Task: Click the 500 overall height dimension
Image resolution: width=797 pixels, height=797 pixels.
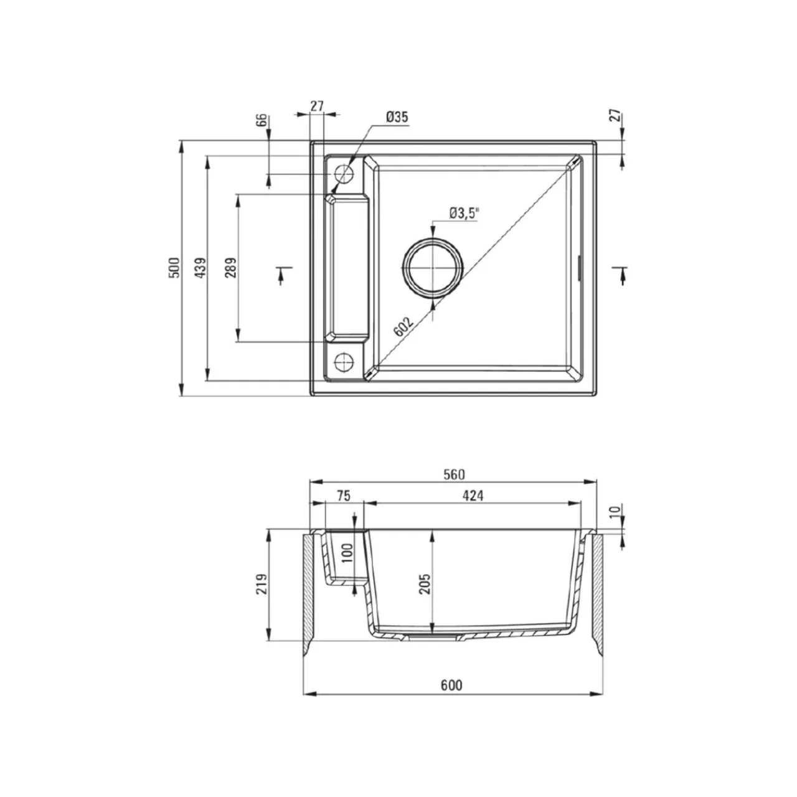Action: coord(174,268)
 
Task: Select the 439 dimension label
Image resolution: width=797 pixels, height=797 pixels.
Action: coord(200,268)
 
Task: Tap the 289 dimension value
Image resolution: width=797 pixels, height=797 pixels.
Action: coord(231,268)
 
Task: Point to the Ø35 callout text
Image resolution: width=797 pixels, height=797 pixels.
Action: coord(397,117)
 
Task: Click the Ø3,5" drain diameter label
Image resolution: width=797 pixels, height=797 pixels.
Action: coord(464,214)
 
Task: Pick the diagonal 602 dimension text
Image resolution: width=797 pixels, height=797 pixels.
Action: coord(403,328)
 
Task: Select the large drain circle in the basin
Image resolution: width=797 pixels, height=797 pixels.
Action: coord(433,268)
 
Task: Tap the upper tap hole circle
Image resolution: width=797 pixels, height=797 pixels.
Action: coord(344,174)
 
